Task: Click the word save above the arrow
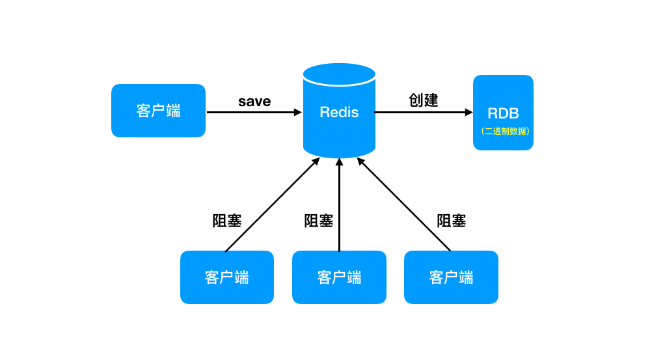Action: coord(254,102)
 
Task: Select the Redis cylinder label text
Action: coord(339,112)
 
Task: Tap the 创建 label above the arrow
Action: coord(423,100)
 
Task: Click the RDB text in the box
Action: coord(503,113)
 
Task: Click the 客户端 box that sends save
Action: coord(158,111)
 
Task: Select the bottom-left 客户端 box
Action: coord(226,277)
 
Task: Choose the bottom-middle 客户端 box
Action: coord(339,277)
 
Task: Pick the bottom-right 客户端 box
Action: coord(451,277)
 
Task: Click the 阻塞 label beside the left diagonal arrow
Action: coord(227,221)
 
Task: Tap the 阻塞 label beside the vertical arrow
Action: coord(319,221)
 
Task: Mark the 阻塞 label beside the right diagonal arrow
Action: coord(452,221)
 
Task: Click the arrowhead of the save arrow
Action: coord(298,112)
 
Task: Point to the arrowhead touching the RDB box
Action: coord(468,112)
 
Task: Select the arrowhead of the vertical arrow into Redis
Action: coord(339,161)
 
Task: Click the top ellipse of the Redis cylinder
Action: coord(339,74)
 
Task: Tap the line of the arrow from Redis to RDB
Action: coord(420,112)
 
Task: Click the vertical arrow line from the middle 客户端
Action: coord(339,208)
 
